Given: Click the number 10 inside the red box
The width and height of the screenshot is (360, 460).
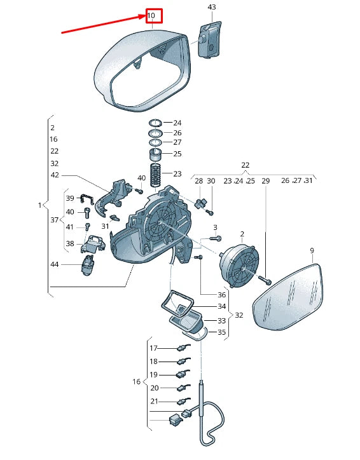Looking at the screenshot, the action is (151, 15).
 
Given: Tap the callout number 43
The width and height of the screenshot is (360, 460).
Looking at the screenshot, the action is (212, 7).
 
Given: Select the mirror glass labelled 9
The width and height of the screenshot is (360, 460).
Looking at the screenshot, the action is (287, 297).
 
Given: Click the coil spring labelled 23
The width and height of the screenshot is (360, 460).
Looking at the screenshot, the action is (156, 175).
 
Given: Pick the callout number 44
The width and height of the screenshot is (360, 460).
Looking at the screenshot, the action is (55, 264).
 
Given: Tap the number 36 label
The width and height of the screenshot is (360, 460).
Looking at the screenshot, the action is (222, 295).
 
